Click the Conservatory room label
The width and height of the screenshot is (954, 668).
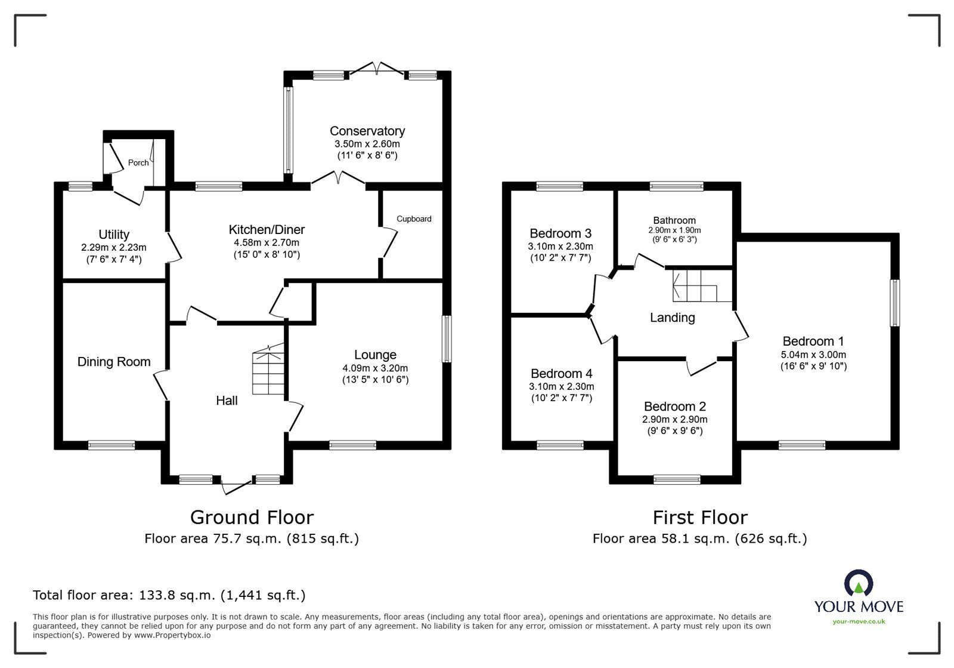pyautogui.click(x=367, y=131)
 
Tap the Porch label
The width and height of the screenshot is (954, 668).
pyautogui.click(x=138, y=162)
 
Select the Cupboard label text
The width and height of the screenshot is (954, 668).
pyautogui.click(x=414, y=218)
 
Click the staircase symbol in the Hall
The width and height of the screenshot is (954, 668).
pyautogui.click(x=268, y=371)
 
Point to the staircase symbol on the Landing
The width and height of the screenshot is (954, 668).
pyautogui.click(x=695, y=287)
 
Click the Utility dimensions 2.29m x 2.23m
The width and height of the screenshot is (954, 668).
pyautogui.click(x=114, y=247)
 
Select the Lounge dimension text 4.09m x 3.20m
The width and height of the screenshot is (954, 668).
pyautogui.click(x=375, y=368)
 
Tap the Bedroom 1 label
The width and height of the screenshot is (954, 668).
pyautogui.click(x=813, y=341)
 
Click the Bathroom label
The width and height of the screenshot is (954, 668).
pyautogui.click(x=674, y=220)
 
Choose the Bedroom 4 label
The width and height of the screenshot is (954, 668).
pyautogui.click(x=561, y=374)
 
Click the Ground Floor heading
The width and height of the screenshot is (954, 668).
pyautogui.click(x=252, y=517)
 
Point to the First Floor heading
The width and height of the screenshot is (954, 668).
pyautogui.click(x=699, y=517)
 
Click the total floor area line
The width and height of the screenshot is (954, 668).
pyautogui.click(x=169, y=595)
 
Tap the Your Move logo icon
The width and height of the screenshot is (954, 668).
pyautogui.click(x=858, y=583)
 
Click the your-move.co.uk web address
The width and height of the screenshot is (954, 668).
pyautogui.click(x=859, y=621)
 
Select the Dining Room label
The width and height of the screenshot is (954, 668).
pyautogui.click(x=114, y=362)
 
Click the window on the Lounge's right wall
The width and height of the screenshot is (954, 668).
pyautogui.click(x=447, y=338)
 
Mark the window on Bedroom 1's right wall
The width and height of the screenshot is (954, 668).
pyautogui.click(x=895, y=303)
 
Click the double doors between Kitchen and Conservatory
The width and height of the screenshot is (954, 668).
pyautogui.click(x=338, y=178)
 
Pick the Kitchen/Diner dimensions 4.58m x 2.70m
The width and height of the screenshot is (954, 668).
pyautogui.click(x=267, y=242)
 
